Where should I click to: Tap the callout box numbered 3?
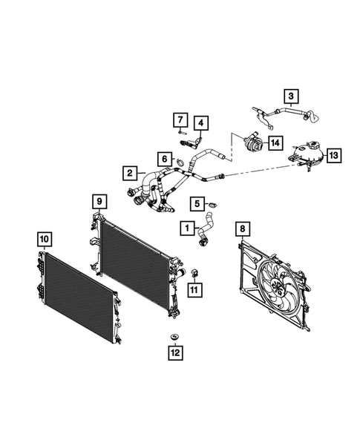pos(291,95)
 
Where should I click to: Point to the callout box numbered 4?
pos(202,122)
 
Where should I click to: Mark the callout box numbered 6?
pos(162,158)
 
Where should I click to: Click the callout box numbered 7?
pos(180,119)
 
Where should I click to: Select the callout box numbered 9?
pos(99,201)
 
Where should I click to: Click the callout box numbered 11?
pos(194,289)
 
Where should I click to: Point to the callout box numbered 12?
pos(175,353)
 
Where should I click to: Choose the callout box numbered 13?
pos(333,155)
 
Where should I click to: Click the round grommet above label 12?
pos(175,339)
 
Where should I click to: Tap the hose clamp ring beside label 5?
pos(212,206)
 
